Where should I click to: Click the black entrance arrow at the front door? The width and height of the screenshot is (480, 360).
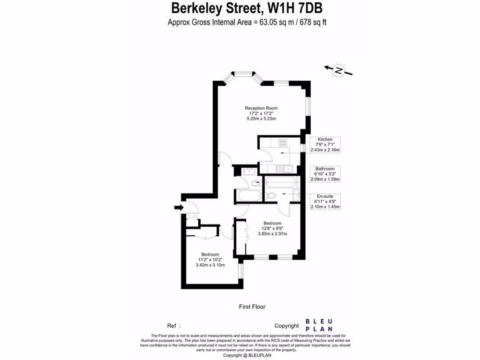pos(179,208)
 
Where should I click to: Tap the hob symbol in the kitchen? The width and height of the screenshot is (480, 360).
pos(282,142)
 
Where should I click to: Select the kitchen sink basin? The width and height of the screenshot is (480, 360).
pos(288,169)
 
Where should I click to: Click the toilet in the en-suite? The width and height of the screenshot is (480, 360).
pos(270,195)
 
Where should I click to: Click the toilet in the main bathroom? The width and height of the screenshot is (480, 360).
pos(255,183)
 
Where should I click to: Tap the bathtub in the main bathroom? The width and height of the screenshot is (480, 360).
pos(249,195)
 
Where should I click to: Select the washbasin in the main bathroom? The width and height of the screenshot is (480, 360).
pos(248,172)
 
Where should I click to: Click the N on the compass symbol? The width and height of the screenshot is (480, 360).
pos(338,71)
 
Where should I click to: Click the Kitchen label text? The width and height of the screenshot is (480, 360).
pos(325,139)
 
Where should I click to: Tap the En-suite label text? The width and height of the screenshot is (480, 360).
pos(325,196)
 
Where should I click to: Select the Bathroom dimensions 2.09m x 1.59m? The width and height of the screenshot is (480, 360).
pos(325,180)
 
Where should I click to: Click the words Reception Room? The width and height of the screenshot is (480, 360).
pos(261,108)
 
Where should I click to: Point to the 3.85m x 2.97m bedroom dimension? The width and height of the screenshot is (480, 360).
pos(272,234)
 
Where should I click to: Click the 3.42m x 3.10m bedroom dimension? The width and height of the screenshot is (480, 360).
pos(210,265)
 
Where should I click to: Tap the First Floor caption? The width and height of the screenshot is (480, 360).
pos(252,307)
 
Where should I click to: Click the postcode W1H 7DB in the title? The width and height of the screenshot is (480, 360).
pos(295,8)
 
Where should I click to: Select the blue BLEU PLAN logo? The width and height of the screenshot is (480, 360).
pos(319,325)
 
